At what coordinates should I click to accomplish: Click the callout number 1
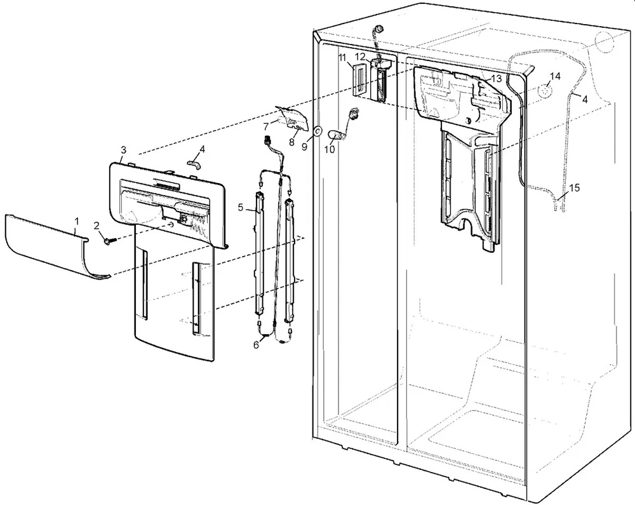tap(77, 221)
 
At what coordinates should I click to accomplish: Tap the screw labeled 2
tap(107, 241)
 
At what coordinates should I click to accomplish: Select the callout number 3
tap(123, 150)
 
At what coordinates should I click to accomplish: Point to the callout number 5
tap(241, 206)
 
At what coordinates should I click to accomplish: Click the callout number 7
tap(265, 126)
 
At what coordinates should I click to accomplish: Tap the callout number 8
tap(291, 142)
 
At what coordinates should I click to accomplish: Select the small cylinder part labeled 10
tap(335, 135)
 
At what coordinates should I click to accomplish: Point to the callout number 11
tap(342, 58)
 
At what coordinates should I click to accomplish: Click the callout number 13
tap(496, 79)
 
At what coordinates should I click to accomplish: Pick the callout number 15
tap(574, 188)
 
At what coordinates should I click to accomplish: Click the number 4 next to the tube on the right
tap(584, 99)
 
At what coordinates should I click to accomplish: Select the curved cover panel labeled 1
tap(44, 245)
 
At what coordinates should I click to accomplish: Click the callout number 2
tap(97, 226)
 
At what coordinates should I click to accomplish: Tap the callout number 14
tap(555, 76)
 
